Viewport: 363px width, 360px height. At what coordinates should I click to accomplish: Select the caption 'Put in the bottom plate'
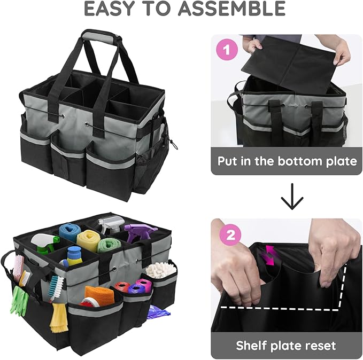[x=287, y=161]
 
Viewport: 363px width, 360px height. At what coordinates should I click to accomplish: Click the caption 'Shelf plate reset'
[x=287, y=346]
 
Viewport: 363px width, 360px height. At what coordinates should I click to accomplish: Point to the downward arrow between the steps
[x=287, y=197]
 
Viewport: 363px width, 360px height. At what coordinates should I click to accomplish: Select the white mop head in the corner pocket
[x=161, y=269]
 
